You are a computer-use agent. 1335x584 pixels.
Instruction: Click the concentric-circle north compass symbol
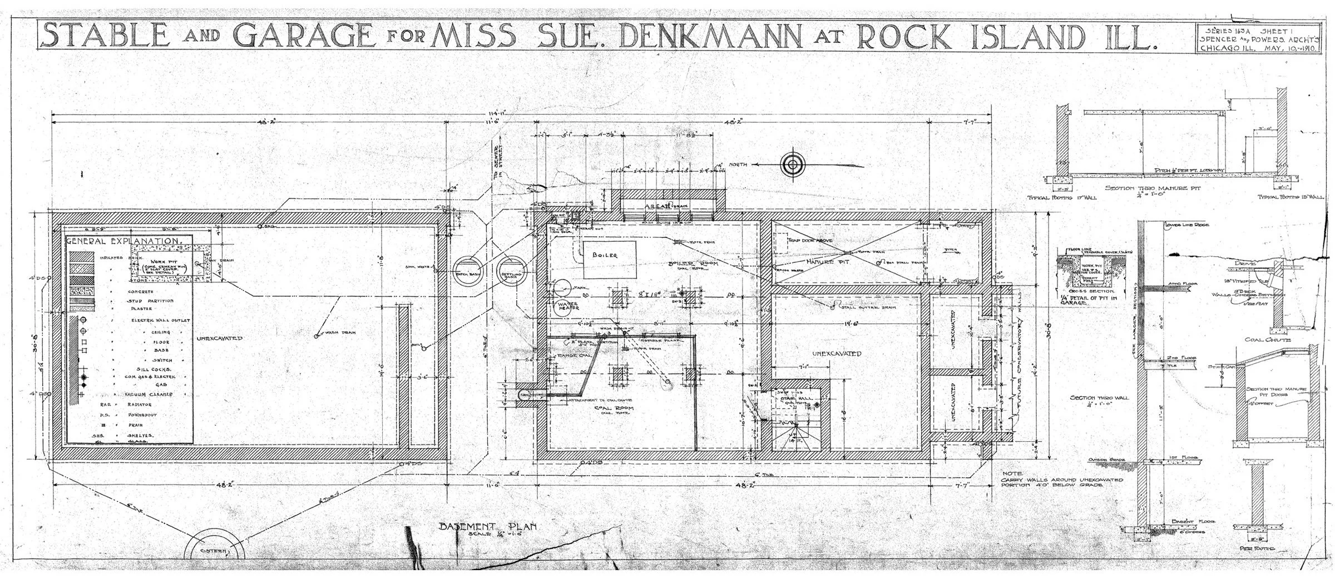click(792, 164)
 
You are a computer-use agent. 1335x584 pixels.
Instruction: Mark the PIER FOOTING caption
click(1255, 563)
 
